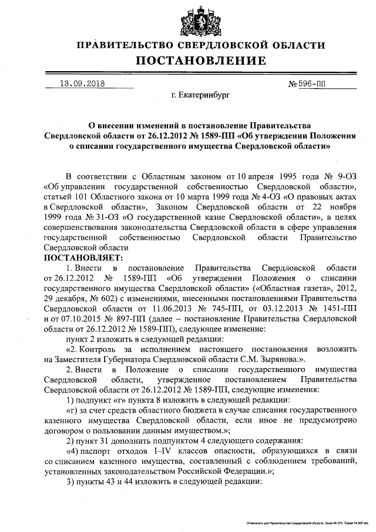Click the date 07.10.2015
(x=76, y=318)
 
